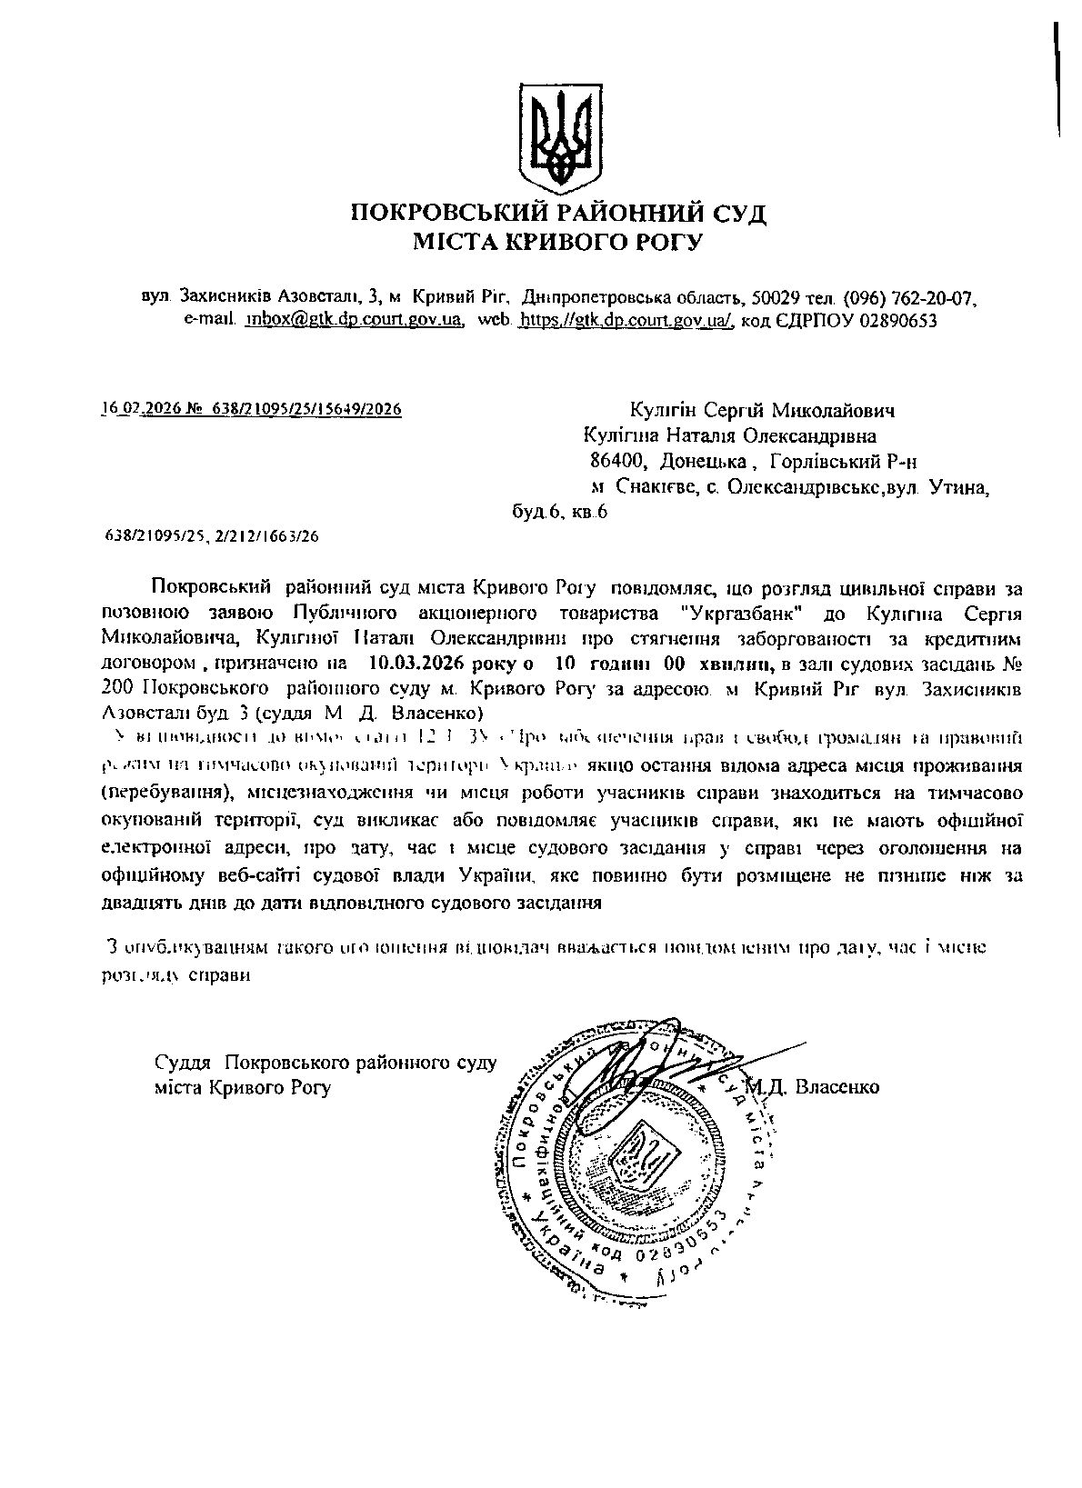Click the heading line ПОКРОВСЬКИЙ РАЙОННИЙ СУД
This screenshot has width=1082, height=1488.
[558, 214]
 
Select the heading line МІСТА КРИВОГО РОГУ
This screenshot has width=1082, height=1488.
[558, 241]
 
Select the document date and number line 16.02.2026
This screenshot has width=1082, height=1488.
[251, 409]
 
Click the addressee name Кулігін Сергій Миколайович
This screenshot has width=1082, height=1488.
[761, 411]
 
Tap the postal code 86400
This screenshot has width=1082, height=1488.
[617, 462]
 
